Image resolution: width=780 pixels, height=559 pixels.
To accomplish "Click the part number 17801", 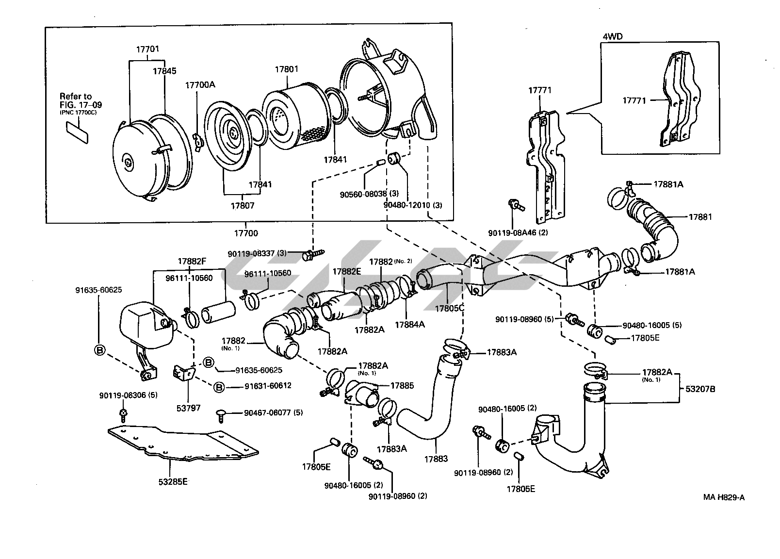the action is [x=287, y=69].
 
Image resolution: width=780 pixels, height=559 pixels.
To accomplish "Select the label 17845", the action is [x=165, y=71].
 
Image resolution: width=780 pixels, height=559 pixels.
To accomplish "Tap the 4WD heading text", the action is [x=613, y=36].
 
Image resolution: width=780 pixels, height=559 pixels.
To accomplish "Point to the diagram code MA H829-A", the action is [x=724, y=497].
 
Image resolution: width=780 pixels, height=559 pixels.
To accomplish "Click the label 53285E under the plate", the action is [x=173, y=482].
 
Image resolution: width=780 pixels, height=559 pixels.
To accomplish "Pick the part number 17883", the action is [x=436, y=459].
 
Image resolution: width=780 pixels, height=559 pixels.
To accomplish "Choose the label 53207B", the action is [x=700, y=389].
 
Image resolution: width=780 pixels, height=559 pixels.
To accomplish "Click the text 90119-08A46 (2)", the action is [x=518, y=232].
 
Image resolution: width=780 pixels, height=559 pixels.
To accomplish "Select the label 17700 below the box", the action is [x=246, y=233].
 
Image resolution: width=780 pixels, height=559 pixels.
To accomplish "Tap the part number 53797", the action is [x=188, y=408].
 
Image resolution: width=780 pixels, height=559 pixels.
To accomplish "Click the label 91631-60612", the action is [x=268, y=386].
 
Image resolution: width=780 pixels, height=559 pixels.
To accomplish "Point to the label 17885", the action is [x=402, y=386].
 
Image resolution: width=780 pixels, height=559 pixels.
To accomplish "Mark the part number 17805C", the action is [x=450, y=308].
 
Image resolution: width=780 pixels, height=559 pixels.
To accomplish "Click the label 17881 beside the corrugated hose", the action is [x=700, y=216].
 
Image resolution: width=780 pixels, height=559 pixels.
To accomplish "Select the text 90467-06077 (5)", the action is [x=274, y=413].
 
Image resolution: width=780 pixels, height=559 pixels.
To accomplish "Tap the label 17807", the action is [x=243, y=205].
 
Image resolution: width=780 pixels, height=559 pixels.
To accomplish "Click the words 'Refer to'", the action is [x=76, y=96].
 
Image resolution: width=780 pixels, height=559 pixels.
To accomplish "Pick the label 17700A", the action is [x=200, y=84].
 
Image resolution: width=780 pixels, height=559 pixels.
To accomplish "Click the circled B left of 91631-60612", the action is [x=219, y=387].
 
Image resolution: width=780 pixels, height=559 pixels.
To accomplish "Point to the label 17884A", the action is [x=410, y=324].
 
